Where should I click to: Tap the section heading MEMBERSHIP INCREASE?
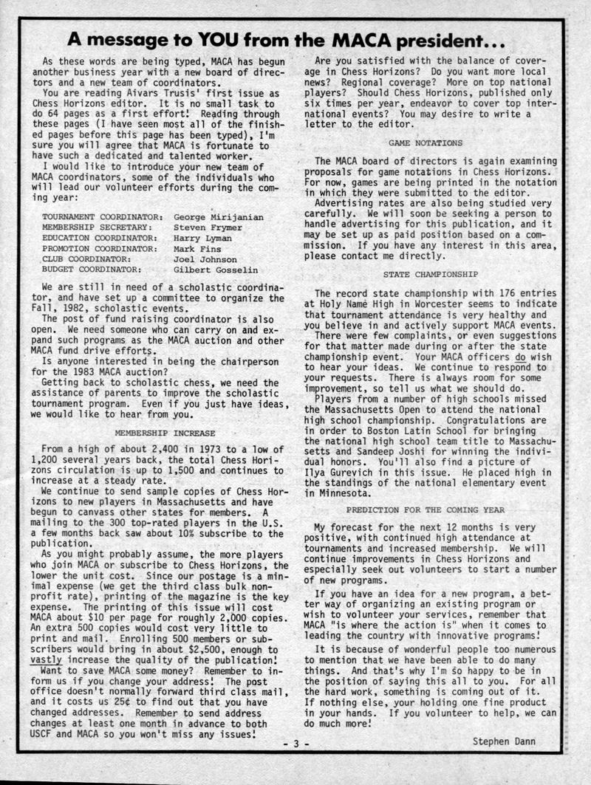point(165,433)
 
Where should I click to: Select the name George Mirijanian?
point(218,218)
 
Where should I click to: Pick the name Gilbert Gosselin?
point(215,270)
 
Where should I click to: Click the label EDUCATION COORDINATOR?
point(99,239)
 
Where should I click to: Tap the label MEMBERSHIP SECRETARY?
point(99,228)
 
